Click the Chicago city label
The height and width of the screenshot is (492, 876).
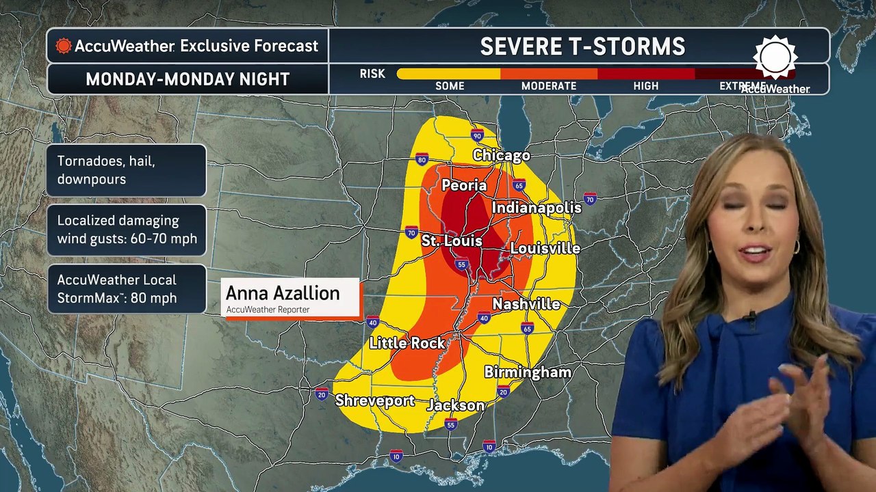(502, 156)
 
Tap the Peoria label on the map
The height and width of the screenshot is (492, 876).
(464, 185)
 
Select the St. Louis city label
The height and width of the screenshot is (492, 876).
(452, 241)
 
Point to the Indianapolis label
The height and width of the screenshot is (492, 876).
(537, 208)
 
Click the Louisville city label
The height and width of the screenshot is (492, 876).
(545, 249)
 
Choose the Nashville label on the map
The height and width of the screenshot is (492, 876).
(526, 304)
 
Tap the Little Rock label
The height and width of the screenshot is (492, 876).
(407, 343)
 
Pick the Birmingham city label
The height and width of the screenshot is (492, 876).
(528, 372)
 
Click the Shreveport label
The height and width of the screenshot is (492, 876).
(375, 400)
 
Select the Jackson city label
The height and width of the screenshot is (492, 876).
(456, 405)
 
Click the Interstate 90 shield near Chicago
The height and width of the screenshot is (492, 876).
(477, 135)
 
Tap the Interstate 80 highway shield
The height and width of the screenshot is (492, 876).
(422, 160)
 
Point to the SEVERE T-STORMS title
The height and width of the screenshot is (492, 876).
(582, 46)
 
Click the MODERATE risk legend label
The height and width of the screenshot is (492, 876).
(549, 86)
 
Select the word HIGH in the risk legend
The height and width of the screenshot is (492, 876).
(646, 86)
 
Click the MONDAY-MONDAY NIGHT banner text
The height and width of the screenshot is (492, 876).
(188, 79)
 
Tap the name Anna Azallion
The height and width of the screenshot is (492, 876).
(283, 293)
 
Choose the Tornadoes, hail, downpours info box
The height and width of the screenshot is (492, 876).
(126, 170)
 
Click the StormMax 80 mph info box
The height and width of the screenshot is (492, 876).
(126, 289)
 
